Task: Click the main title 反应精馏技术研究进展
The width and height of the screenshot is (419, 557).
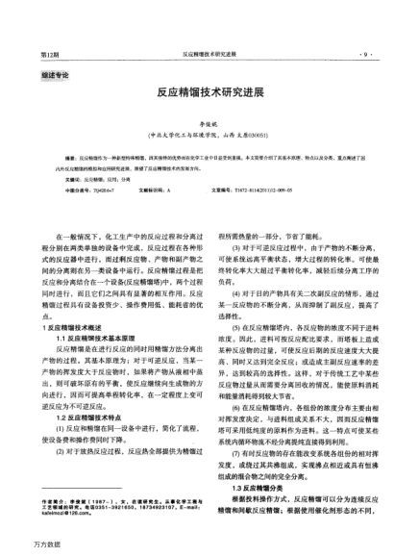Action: (209, 98)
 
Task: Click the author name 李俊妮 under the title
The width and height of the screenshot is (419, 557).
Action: (209, 124)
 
